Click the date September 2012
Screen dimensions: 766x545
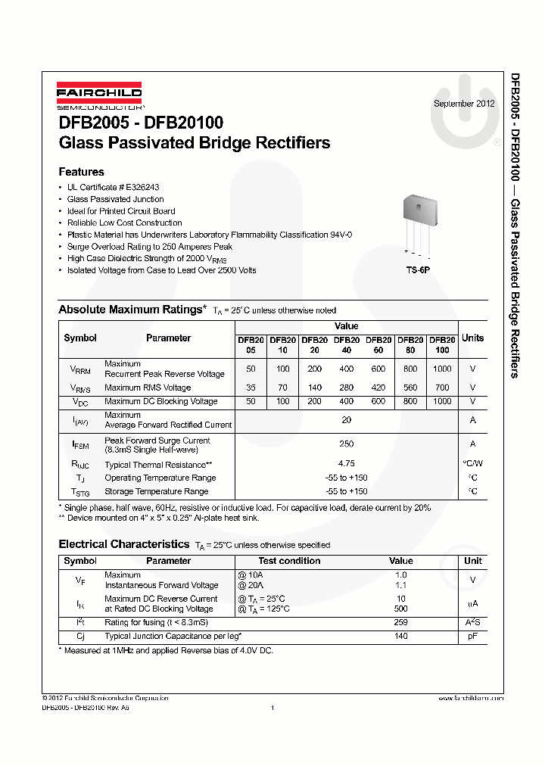point(464,104)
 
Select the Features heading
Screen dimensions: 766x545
point(81,172)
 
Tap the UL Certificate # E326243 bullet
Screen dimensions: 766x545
point(113,187)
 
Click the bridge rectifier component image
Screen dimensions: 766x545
point(418,220)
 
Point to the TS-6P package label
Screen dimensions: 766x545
point(417,269)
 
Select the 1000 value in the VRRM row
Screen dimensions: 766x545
point(441,369)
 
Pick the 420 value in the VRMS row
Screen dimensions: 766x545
point(378,388)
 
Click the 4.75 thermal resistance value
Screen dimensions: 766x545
point(347,463)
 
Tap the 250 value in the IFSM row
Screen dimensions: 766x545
point(347,444)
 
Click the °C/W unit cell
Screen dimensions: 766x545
point(472,464)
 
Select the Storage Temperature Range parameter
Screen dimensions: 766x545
point(156,491)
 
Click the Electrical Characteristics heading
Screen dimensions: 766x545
point(123,544)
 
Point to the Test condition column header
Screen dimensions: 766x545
point(289,561)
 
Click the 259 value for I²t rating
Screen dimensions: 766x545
point(401,622)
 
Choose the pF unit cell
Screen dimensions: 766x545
point(472,636)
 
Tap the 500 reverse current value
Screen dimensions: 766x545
point(401,609)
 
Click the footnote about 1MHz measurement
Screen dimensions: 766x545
point(166,650)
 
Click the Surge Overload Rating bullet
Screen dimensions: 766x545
point(149,246)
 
